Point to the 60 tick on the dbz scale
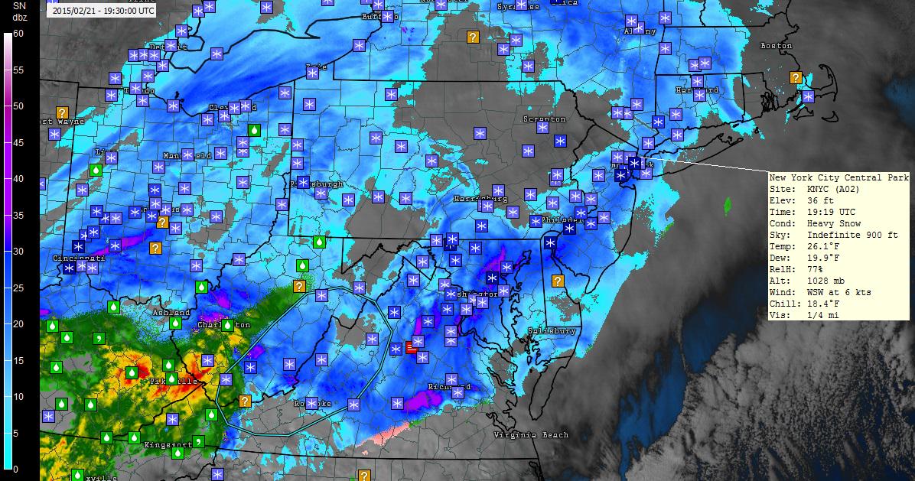coord(18,34)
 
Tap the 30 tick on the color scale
coord(18,252)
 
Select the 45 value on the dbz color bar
coord(18,143)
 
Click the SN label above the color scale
coord(19,5)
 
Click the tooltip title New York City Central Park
coord(839,177)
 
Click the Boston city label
coord(776,46)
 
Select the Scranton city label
coord(544,119)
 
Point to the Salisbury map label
coord(551,331)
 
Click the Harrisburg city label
coord(475,198)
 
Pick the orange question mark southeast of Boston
coord(796,77)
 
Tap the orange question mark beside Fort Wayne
coord(62,113)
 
